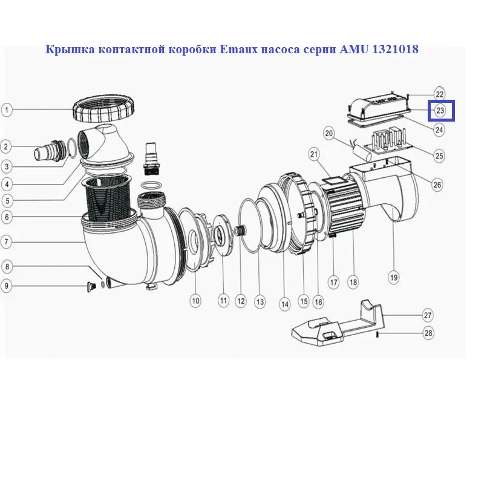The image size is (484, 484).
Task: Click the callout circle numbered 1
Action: coord(7,110)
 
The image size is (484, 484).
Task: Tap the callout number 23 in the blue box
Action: coord(440,110)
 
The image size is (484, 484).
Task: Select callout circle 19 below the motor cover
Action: coord(394,278)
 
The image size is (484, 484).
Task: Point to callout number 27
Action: coord(428,315)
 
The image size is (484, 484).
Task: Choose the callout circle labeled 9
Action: coord(6,286)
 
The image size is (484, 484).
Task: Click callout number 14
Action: coord(284,304)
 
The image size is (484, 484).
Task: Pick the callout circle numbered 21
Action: coord(314,154)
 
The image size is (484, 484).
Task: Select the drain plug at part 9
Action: coord(91,287)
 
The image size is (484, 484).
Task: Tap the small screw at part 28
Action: coord(377,335)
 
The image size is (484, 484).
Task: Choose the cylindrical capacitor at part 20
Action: coord(361,151)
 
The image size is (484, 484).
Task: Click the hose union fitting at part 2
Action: coord(51,149)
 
